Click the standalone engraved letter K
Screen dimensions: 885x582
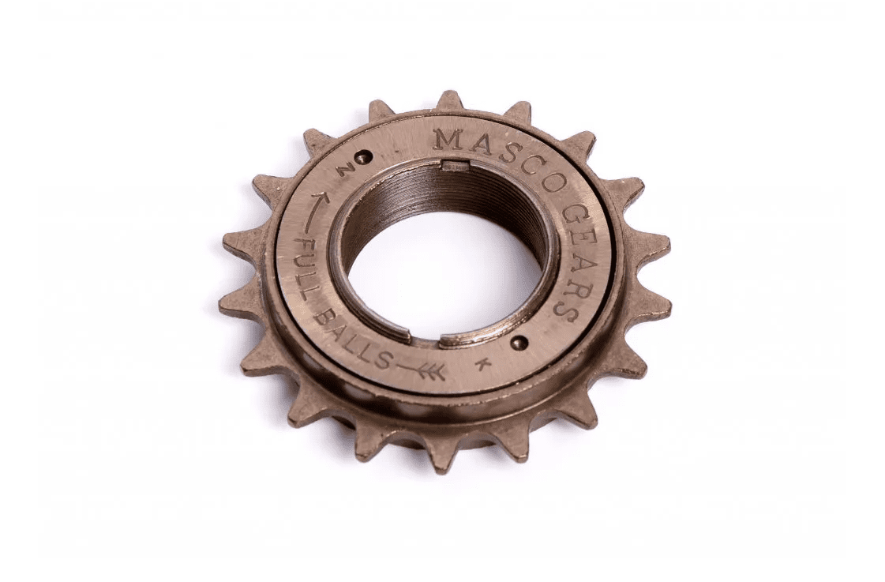(482, 363)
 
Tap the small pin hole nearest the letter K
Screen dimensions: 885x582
(518, 341)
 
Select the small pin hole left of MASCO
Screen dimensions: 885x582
(367, 153)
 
